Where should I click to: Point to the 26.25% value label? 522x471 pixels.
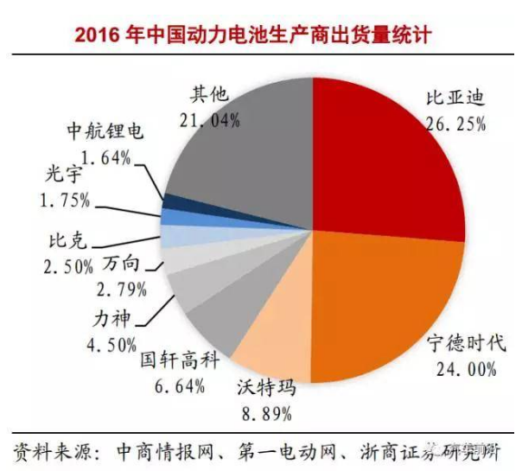click(x=455, y=124)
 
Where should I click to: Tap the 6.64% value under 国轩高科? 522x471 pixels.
click(x=171, y=384)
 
